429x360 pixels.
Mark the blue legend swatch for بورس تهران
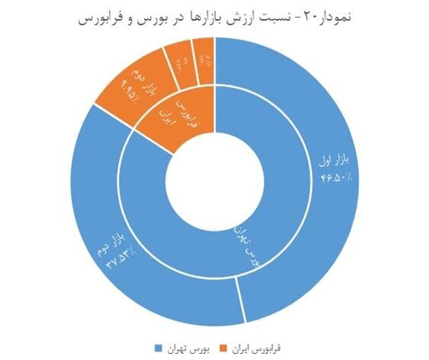click(158, 348)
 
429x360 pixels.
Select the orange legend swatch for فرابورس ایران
click(221, 348)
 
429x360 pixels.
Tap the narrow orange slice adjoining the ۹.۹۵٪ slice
click(181, 60)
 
